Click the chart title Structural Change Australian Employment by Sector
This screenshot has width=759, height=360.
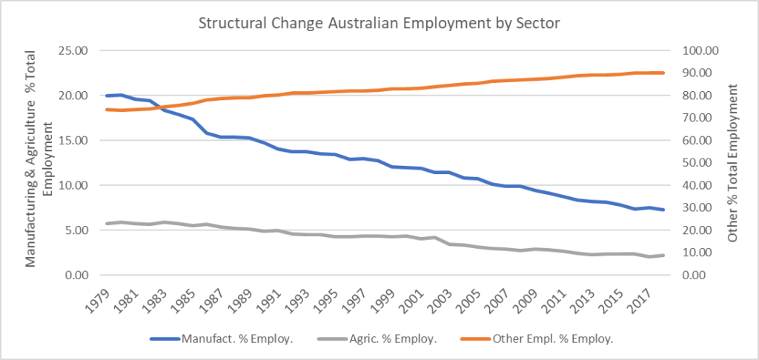pos(379,23)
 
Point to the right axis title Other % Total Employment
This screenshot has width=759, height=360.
pos(732,163)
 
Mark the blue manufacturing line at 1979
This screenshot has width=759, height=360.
pos(107,96)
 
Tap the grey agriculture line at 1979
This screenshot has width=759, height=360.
pos(107,224)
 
